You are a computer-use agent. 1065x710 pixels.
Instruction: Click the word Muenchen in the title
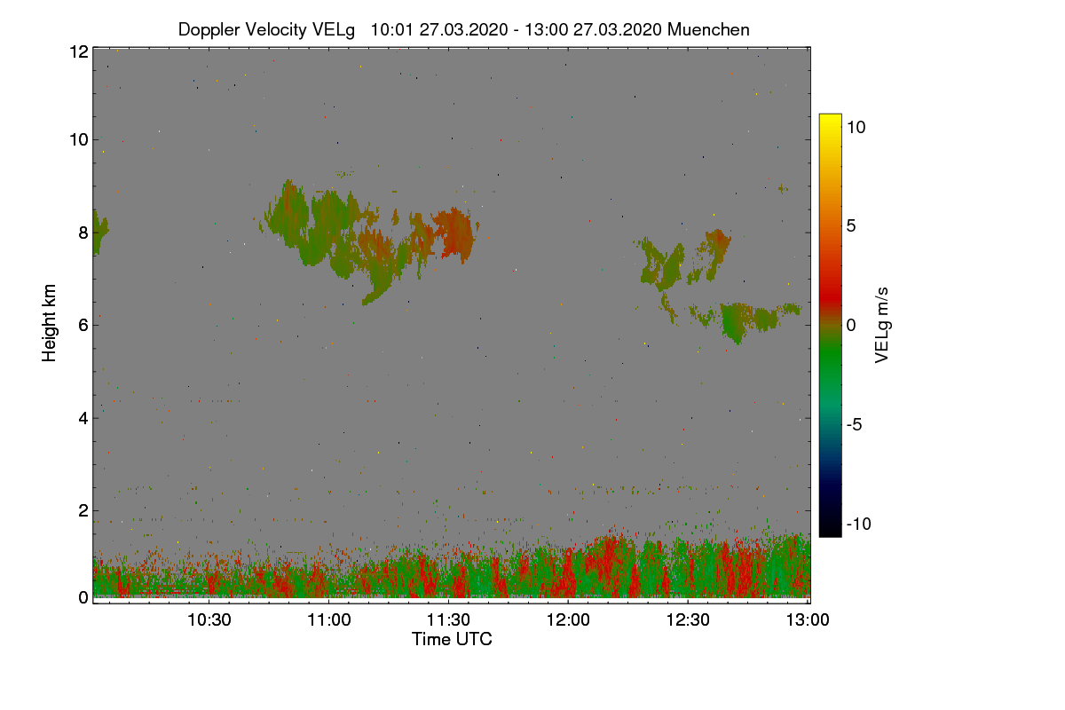tap(708, 29)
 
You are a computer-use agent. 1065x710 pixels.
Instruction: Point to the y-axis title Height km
tap(50, 322)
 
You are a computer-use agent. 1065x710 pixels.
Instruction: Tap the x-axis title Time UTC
tap(452, 639)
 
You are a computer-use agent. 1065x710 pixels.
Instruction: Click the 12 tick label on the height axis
tap(78, 51)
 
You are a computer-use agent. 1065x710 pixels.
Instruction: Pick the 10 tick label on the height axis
tap(78, 139)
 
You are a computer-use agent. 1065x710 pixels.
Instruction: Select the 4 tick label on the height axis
tap(83, 418)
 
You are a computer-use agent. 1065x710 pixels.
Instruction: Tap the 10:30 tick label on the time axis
tap(210, 620)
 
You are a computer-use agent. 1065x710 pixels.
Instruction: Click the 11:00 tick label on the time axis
tap(329, 620)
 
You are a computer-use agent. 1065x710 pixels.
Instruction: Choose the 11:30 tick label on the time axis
tap(449, 620)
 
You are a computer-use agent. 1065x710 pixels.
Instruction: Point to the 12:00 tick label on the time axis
tap(568, 620)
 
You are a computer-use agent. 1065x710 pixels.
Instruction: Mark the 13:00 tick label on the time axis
tap(806, 620)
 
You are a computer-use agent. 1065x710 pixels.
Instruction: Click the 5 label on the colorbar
tap(852, 225)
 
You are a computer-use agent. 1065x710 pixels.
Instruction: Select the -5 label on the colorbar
tap(856, 424)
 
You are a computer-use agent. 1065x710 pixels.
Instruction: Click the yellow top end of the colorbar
tap(830, 118)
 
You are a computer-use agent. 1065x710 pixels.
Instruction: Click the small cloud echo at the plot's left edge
tap(99, 233)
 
